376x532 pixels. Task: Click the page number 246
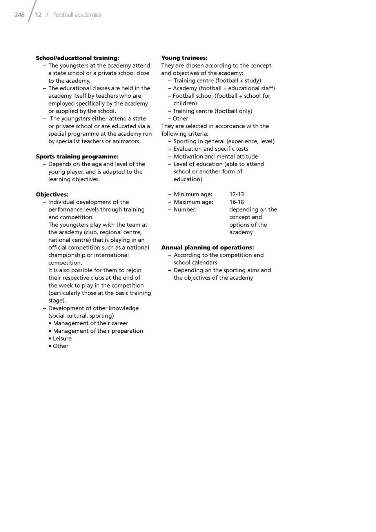[19, 15]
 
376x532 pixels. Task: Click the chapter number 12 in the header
[38, 15]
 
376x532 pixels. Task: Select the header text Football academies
[77, 15]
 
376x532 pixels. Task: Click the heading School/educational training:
[77, 58]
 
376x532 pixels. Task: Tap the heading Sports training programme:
[77, 157]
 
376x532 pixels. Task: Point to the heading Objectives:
[52, 195]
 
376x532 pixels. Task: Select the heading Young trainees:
[184, 58]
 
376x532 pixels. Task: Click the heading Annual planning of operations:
[207, 248]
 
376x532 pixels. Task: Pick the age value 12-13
[236, 194]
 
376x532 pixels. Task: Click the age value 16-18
[236, 202]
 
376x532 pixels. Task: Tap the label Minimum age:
[193, 194]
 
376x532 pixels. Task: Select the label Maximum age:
[193, 202]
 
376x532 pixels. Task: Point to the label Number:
[185, 210]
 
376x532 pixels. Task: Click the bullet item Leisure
[62, 339]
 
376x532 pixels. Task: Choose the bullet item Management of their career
[90, 323]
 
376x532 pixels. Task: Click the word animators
[126, 141]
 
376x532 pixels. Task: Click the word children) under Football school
[185, 103]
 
